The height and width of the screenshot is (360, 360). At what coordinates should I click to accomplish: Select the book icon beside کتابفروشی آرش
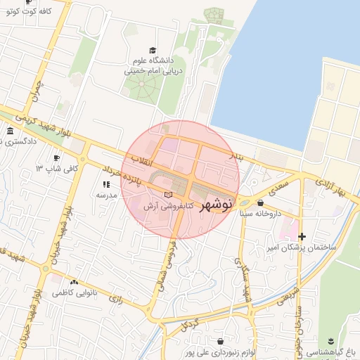[x=167, y=194]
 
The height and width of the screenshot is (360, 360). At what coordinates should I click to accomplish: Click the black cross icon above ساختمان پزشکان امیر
[x=302, y=236]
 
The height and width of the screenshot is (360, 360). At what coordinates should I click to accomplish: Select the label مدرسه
[x=106, y=195]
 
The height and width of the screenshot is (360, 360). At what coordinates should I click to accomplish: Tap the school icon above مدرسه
[x=106, y=184]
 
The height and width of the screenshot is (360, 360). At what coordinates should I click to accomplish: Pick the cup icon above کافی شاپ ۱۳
[x=58, y=157]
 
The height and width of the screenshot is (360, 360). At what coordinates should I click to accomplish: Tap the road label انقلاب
[x=139, y=158]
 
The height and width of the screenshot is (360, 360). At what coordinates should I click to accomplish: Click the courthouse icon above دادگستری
[x=10, y=131]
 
